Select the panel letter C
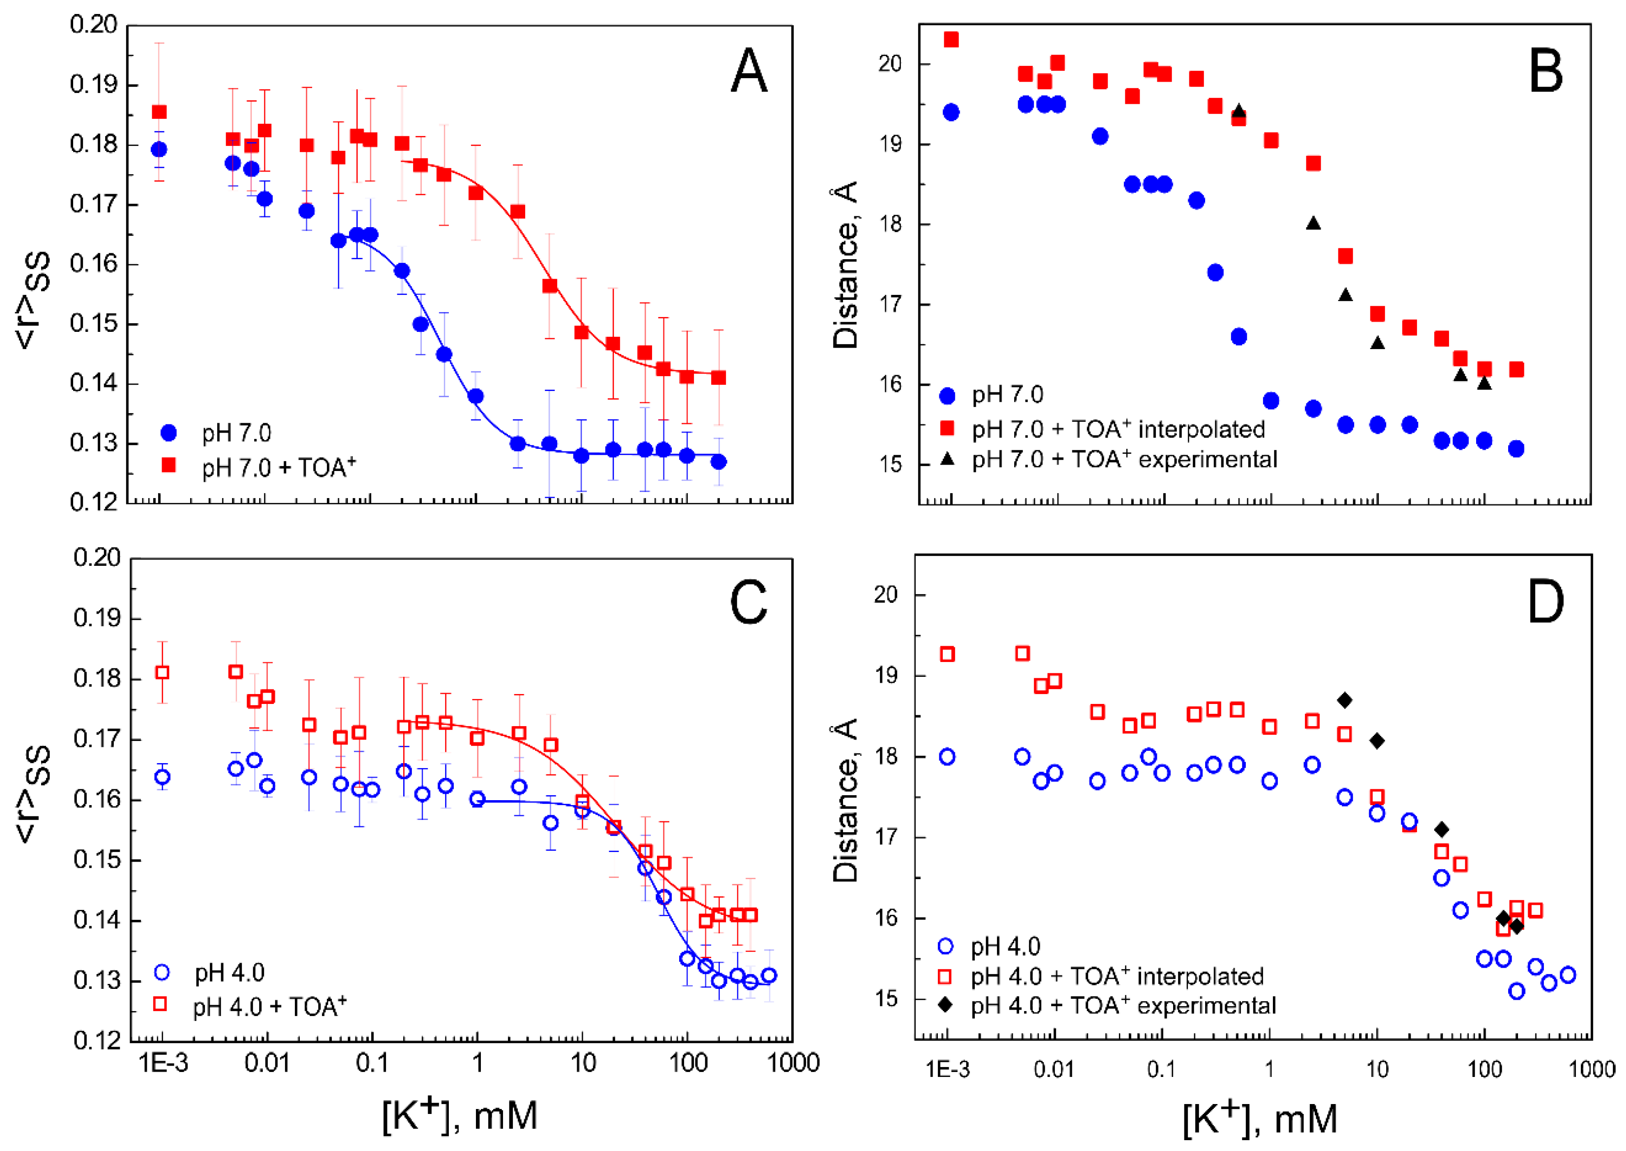(x=749, y=602)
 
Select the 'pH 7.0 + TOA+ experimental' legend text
(x=1124, y=459)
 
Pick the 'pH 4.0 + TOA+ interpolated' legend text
(x=1117, y=976)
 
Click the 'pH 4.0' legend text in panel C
(x=230, y=972)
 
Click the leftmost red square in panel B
(x=951, y=40)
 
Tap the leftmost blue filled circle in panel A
(x=159, y=149)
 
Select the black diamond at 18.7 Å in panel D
(x=1345, y=700)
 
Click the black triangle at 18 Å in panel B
(x=1314, y=223)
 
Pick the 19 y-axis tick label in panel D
(x=886, y=676)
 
